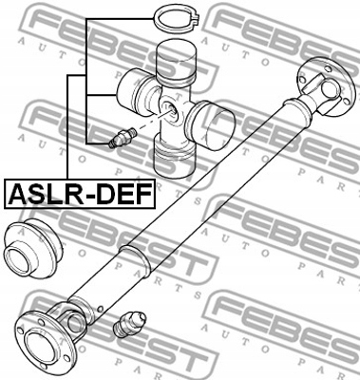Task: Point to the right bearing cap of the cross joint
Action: (215, 121)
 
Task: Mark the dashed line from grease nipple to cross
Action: (142, 124)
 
